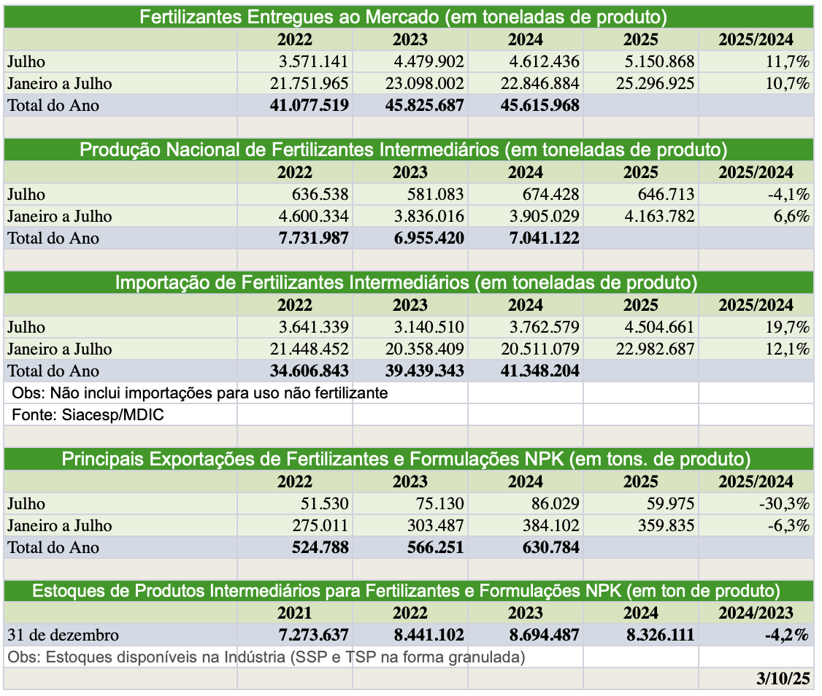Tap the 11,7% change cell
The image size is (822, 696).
pyautogui.click(x=787, y=61)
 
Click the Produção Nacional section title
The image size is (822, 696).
pyautogui.click(x=403, y=150)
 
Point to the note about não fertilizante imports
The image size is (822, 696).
pyautogui.click(x=199, y=393)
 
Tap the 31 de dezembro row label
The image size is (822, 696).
pyautogui.click(x=63, y=635)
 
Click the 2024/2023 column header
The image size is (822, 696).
pyautogui.click(x=756, y=613)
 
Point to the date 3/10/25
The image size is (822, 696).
pyautogui.click(x=784, y=678)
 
